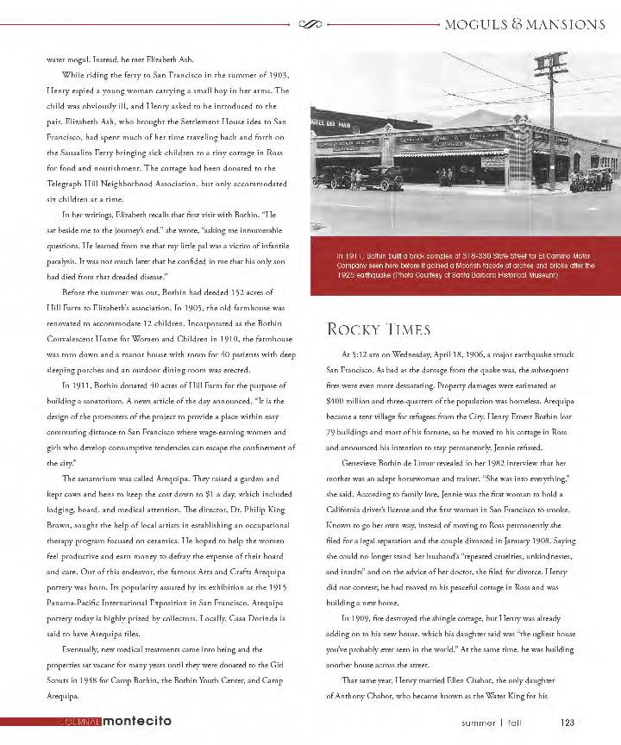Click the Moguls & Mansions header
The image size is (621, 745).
(x=525, y=24)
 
